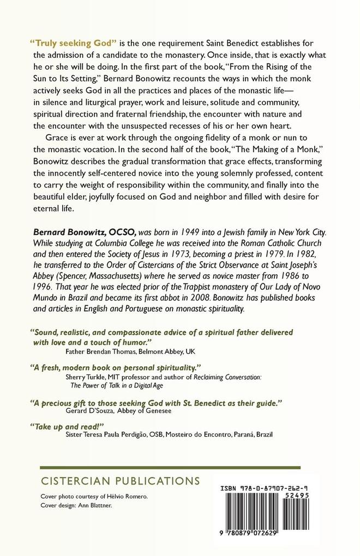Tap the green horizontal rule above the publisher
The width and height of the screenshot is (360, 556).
click(171, 468)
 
